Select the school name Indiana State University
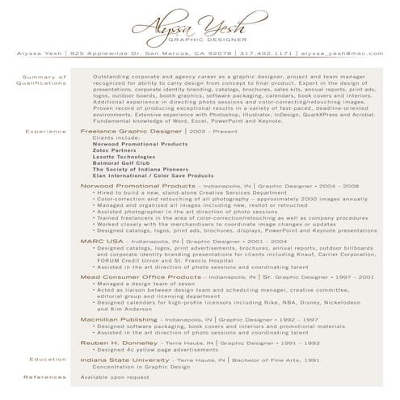point(126,359)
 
